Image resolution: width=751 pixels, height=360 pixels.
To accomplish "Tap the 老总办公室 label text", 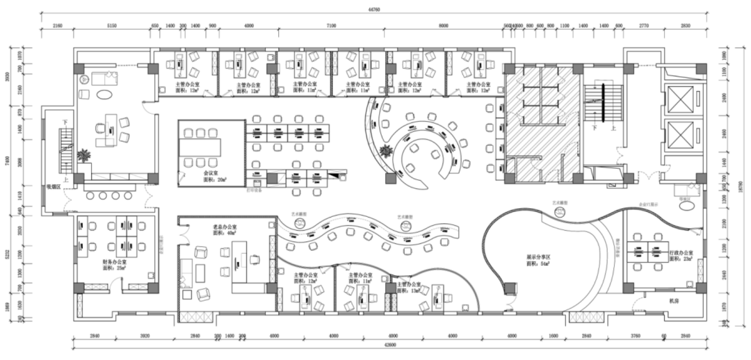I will point(225,227).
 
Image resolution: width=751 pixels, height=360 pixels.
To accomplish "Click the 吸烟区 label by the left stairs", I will point(56,186).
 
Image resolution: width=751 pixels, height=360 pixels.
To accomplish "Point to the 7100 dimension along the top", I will point(330,26).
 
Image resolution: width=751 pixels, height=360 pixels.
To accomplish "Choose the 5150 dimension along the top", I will point(112,26).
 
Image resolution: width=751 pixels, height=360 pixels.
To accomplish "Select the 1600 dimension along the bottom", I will point(552,336).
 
